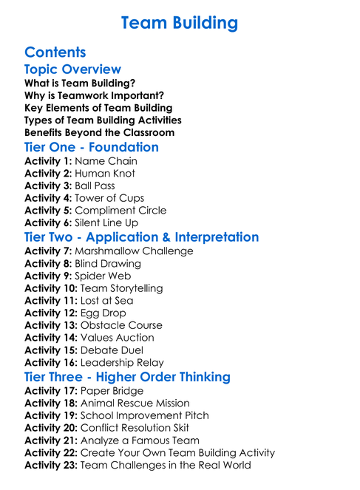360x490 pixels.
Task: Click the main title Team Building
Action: (180, 24)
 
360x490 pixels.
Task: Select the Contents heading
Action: (55, 52)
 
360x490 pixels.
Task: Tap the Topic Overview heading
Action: (72, 69)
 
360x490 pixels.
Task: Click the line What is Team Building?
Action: (80, 84)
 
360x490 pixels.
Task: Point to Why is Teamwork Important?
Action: (94, 96)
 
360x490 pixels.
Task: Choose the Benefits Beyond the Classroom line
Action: (99, 133)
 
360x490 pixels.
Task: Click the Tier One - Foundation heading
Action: (92, 147)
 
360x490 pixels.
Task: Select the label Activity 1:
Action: (48, 161)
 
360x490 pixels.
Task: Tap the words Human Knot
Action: (105, 174)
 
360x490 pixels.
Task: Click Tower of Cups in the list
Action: (109, 198)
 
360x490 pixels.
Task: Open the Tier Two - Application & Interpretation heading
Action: (141, 237)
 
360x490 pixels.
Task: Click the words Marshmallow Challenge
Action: (134, 251)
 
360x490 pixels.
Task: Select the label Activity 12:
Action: (51, 313)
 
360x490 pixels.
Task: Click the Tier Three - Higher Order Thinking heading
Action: (127, 377)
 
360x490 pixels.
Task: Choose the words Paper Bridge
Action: (112, 391)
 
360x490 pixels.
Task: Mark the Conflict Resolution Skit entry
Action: (135, 428)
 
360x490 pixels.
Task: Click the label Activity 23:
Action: (51, 465)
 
